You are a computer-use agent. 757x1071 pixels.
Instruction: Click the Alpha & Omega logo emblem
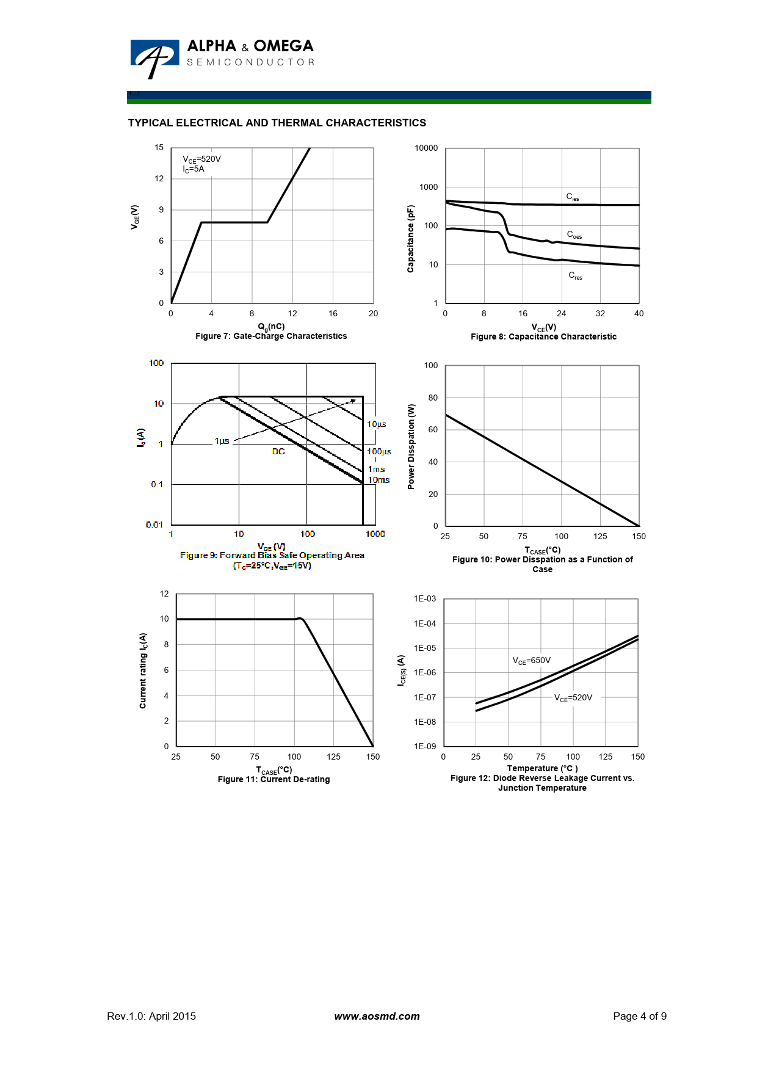click(x=154, y=57)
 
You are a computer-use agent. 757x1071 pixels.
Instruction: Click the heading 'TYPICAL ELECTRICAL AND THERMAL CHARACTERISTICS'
click(x=277, y=123)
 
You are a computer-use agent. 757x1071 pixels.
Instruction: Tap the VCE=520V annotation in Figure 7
click(x=201, y=159)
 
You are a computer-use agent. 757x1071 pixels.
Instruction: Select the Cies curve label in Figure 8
click(x=572, y=197)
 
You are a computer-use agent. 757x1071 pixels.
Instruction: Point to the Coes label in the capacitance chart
click(x=574, y=234)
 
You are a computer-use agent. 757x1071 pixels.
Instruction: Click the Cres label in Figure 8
click(x=575, y=276)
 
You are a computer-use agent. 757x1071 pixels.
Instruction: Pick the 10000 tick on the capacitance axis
click(x=426, y=148)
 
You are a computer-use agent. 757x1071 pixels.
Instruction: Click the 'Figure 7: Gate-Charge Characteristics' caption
click(x=271, y=336)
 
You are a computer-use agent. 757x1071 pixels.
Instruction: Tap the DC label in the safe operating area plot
click(x=278, y=451)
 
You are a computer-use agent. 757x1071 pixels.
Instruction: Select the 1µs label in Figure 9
click(x=222, y=441)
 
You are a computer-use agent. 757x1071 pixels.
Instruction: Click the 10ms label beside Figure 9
click(x=378, y=480)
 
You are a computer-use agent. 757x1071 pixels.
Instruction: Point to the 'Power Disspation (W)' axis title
click(x=411, y=446)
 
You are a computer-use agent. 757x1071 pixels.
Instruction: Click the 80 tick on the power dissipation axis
click(x=433, y=398)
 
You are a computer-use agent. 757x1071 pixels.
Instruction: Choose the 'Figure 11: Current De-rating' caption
click(x=273, y=779)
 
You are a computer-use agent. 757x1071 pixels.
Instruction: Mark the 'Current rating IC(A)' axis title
click(x=143, y=670)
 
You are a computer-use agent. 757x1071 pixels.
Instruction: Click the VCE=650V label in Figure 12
click(x=531, y=661)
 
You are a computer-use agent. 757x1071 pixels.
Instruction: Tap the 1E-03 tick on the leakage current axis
click(x=425, y=598)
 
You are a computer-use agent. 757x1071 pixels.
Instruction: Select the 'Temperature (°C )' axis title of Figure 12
click(x=542, y=768)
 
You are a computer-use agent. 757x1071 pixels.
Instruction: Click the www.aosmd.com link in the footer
click(x=377, y=1016)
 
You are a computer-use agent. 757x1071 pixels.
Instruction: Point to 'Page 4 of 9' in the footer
click(x=639, y=1016)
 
